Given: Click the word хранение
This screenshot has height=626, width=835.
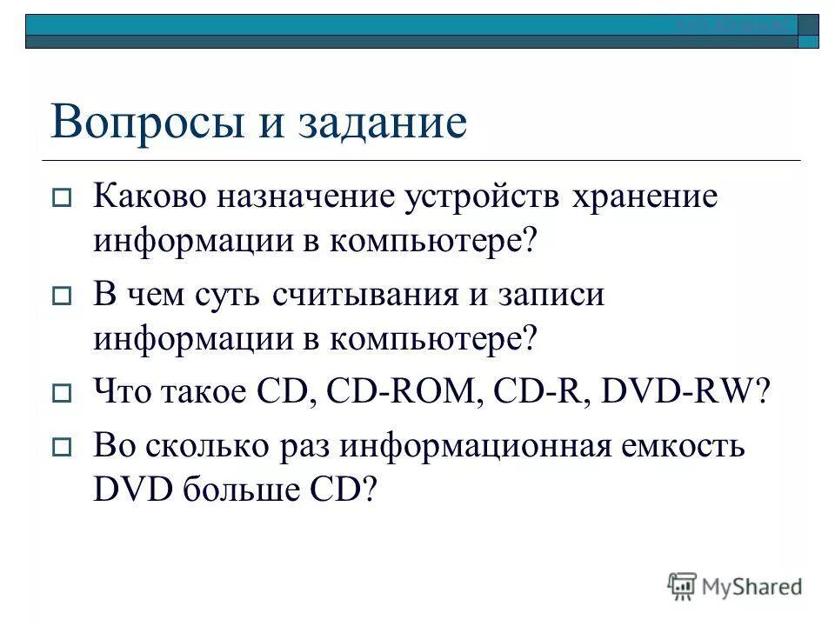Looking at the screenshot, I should tap(645, 197).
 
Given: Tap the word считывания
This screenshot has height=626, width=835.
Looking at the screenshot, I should tap(365, 296).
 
